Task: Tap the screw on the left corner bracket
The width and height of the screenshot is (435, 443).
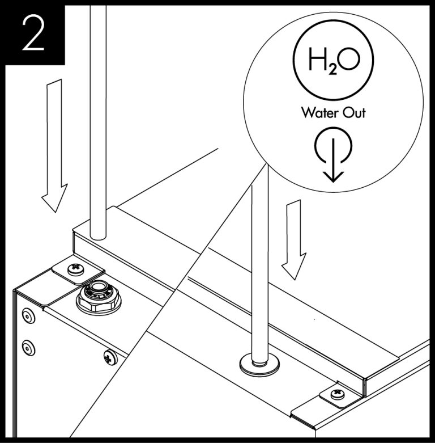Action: pos(74,269)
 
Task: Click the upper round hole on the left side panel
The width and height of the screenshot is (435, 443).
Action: pos(27,315)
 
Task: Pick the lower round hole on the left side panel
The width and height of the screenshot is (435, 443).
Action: pos(27,346)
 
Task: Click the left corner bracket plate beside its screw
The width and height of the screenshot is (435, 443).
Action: pos(59,275)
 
